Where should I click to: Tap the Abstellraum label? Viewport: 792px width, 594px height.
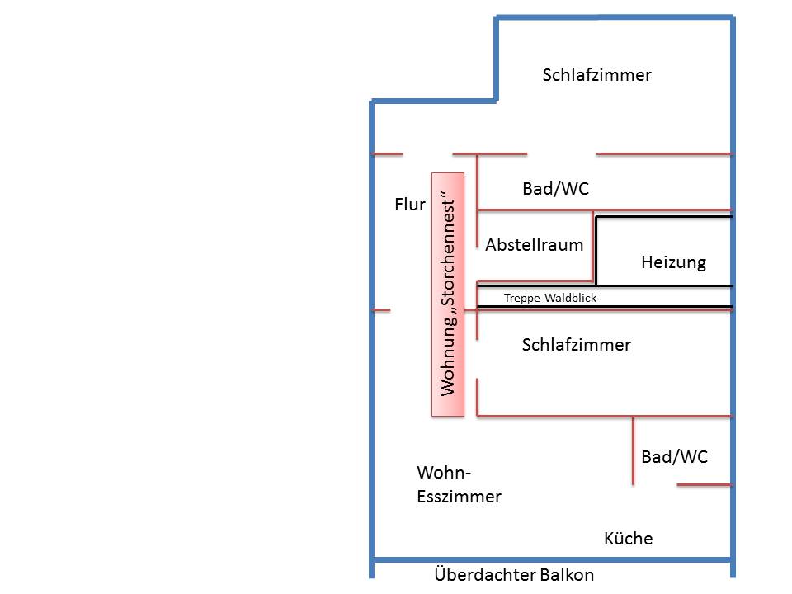pos(534,245)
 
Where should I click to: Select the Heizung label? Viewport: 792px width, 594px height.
pos(673,263)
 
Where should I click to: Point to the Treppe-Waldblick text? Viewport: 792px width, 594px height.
pos(549,299)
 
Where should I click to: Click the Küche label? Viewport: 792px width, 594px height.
pos(628,539)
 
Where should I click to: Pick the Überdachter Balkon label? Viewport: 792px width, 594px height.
pos(513,575)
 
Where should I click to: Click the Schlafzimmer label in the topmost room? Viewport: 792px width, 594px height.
pos(596,75)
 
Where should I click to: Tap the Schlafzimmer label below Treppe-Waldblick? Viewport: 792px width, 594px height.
pos(576,345)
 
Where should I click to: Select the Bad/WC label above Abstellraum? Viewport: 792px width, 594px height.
pos(555,189)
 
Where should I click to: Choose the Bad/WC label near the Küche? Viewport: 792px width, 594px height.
pos(674,457)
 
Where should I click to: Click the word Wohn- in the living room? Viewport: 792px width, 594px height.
pos(443,473)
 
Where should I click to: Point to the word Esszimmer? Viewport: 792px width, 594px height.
pos(459,497)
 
